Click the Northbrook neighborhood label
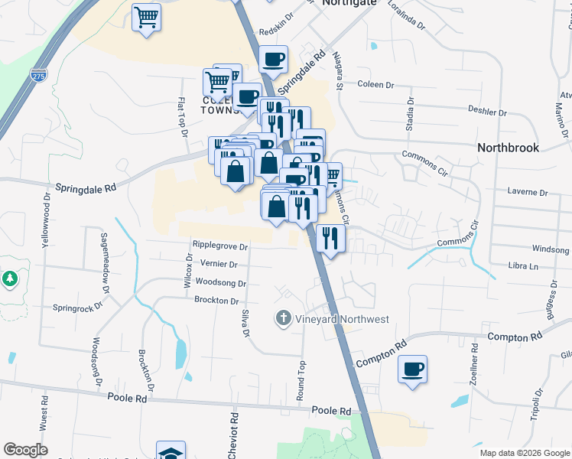tap(508, 148)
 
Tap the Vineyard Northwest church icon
tap(283, 318)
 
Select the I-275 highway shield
tap(37, 75)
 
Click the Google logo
tap(25, 450)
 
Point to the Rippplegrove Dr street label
tap(221, 246)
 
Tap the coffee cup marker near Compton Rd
tap(413, 370)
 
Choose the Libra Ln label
tap(523, 266)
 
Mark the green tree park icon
tap(10, 279)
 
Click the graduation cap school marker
tap(171, 451)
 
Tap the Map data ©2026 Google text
tap(525, 453)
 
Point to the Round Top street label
tap(301, 380)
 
